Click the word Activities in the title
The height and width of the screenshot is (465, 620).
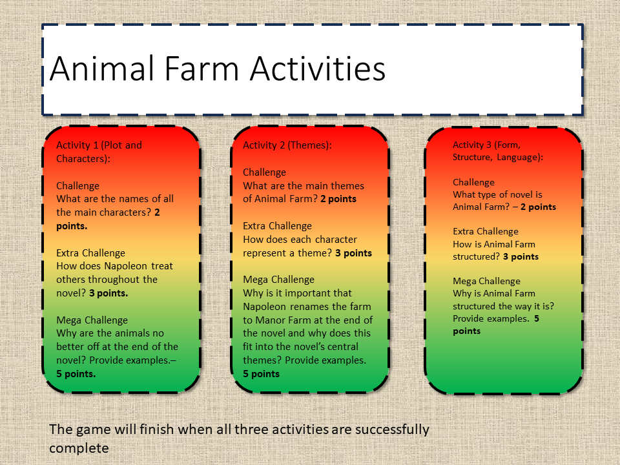click(x=318, y=68)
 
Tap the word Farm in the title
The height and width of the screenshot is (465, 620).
click(x=201, y=68)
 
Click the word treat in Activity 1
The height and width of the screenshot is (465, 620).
click(x=161, y=265)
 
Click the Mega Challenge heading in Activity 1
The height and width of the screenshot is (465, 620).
click(x=92, y=320)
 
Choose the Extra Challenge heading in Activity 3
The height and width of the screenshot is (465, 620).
click(x=486, y=231)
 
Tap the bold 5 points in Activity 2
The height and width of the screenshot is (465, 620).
click(x=261, y=374)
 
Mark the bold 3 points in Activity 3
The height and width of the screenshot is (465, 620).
click(x=521, y=256)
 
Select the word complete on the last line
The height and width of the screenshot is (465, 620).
click(x=79, y=449)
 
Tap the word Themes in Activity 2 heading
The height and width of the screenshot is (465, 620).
click(x=308, y=145)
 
